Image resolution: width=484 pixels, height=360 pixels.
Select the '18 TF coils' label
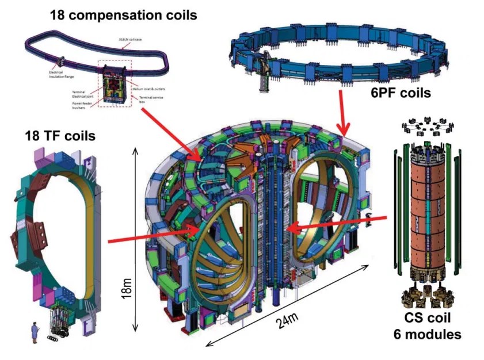tap(51, 136)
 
